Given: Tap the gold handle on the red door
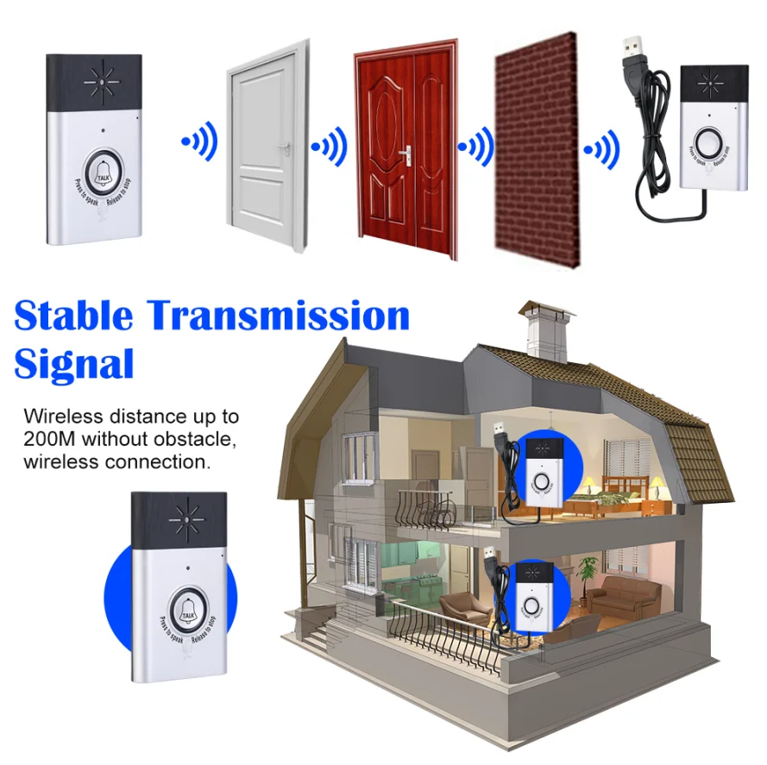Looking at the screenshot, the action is tap(404, 154).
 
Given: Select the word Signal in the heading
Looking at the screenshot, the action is tap(74, 363).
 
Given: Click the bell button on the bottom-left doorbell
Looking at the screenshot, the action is tap(187, 607).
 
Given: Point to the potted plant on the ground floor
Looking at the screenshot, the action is tap(588, 571).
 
